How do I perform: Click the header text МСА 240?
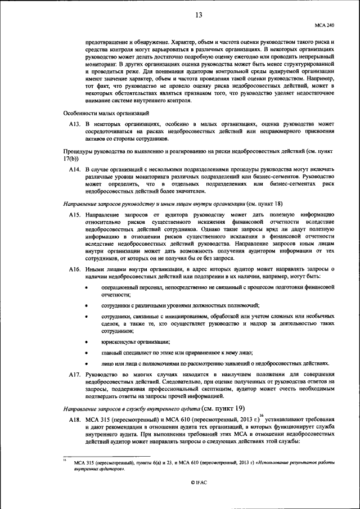(x=325, y=25)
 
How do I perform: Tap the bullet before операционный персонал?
(x=86, y=287)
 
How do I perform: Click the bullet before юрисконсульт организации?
(x=86, y=342)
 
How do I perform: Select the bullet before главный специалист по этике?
(x=86, y=353)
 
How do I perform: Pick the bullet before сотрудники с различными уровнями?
(x=86, y=305)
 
